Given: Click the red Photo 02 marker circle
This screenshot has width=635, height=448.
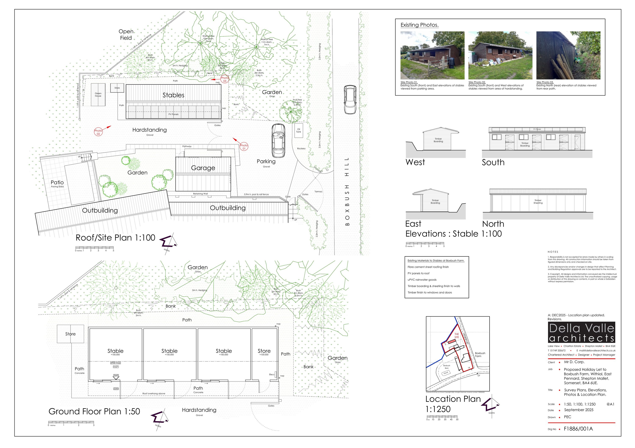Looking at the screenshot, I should [98, 132].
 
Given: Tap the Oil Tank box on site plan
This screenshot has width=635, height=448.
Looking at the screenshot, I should [299, 130].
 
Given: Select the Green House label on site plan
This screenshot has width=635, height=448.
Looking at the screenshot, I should [98, 95].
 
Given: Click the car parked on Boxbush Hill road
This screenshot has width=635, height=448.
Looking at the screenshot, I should [350, 99].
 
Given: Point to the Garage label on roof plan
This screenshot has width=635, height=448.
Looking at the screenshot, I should [203, 168].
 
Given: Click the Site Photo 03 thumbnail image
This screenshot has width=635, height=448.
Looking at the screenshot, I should [568, 55].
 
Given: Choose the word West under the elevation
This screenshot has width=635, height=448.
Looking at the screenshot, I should [415, 162].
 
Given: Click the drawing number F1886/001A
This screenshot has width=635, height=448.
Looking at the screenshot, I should [578, 429].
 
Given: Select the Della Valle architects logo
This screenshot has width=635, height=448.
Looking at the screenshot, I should [581, 332].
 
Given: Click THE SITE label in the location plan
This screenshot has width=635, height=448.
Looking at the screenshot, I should [457, 336].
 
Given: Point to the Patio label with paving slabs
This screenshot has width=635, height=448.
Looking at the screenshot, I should [57, 183].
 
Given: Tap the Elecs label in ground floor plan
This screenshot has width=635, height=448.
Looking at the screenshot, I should [272, 374].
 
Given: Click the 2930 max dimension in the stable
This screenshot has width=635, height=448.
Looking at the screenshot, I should [116, 363].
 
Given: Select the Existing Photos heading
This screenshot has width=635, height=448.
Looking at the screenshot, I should [420, 25].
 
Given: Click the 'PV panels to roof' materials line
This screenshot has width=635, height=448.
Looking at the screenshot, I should [418, 273].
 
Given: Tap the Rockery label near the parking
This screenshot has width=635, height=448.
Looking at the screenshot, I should [301, 149].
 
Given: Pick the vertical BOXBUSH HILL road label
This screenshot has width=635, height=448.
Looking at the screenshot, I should [347, 191].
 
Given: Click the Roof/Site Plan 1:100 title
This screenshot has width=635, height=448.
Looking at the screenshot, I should [115, 238].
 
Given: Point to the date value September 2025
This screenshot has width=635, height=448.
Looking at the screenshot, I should [578, 410].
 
